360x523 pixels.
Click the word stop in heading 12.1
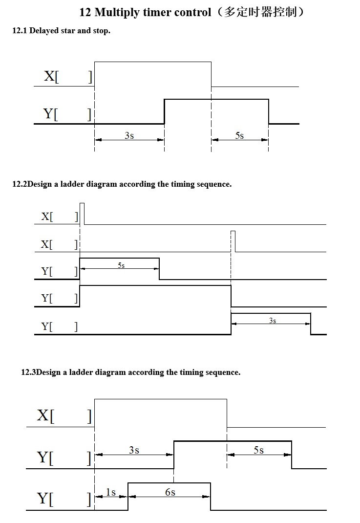click(x=101, y=31)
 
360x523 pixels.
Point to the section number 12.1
click(x=20, y=31)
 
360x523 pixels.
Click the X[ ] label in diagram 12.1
click(x=67, y=76)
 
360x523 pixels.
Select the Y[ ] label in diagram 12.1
click(x=67, y=114)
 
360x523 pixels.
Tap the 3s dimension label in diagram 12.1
click(x=129, y=135)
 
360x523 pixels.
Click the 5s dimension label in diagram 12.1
click(x=239, y=135)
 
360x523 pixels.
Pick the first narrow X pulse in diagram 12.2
click(x=82, y=213)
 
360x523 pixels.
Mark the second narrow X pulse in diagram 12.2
click(x=233, y=240)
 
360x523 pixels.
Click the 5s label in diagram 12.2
click(x=121, y=265)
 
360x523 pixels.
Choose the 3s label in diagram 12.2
click(x=273, y=320)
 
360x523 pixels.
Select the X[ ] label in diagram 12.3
click(x=64, y=416)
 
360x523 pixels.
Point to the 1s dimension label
click(x=111, y=492)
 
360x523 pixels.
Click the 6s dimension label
click(x=170, y=492)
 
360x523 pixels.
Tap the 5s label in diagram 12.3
click(x=258, y=450)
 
